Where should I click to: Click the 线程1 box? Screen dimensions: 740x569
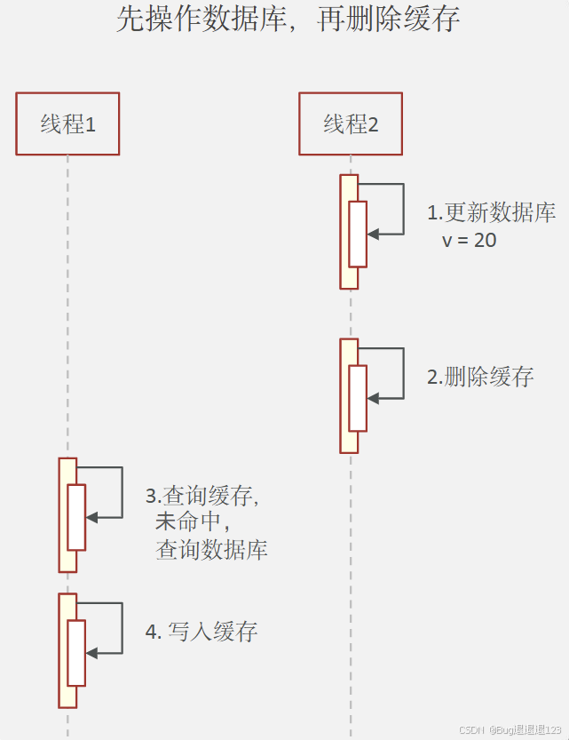click(x=67, y=123)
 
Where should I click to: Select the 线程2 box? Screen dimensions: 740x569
click(x=350, y=123)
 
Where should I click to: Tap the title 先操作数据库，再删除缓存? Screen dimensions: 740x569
click(x=288, y=19)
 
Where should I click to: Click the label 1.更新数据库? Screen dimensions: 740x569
click(x=491, y=213)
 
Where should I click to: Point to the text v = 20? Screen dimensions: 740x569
click(x=470, y=240)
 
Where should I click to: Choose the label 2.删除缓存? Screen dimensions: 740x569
click(x=480, y=377)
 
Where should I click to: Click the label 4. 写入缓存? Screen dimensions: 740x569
click(x=202, y=633)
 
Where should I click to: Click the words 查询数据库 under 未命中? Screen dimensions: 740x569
click(x=211, y=550)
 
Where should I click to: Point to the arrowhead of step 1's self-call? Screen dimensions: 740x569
click(x=373, y=234)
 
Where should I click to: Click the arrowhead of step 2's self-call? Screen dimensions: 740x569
click(x=373, y=398)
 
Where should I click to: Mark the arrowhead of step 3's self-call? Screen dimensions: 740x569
click(x=91, y=517)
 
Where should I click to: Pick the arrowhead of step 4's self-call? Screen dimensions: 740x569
click(x=91, y=653)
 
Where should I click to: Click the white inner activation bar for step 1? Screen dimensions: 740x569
click(x=358, y=234)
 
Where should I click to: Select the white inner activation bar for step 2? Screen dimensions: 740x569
click(x=358, y=398)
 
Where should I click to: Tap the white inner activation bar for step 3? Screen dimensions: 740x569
click(x=76, y=517)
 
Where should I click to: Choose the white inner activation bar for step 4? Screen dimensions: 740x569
click(x=76, y=653)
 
